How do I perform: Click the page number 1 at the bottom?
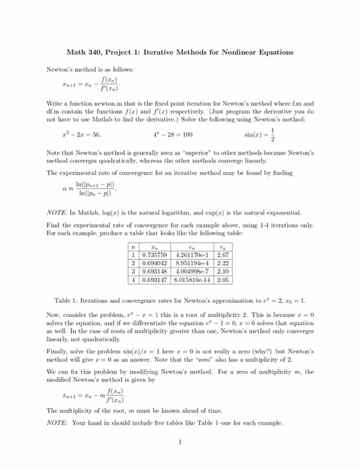[180, 442]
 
